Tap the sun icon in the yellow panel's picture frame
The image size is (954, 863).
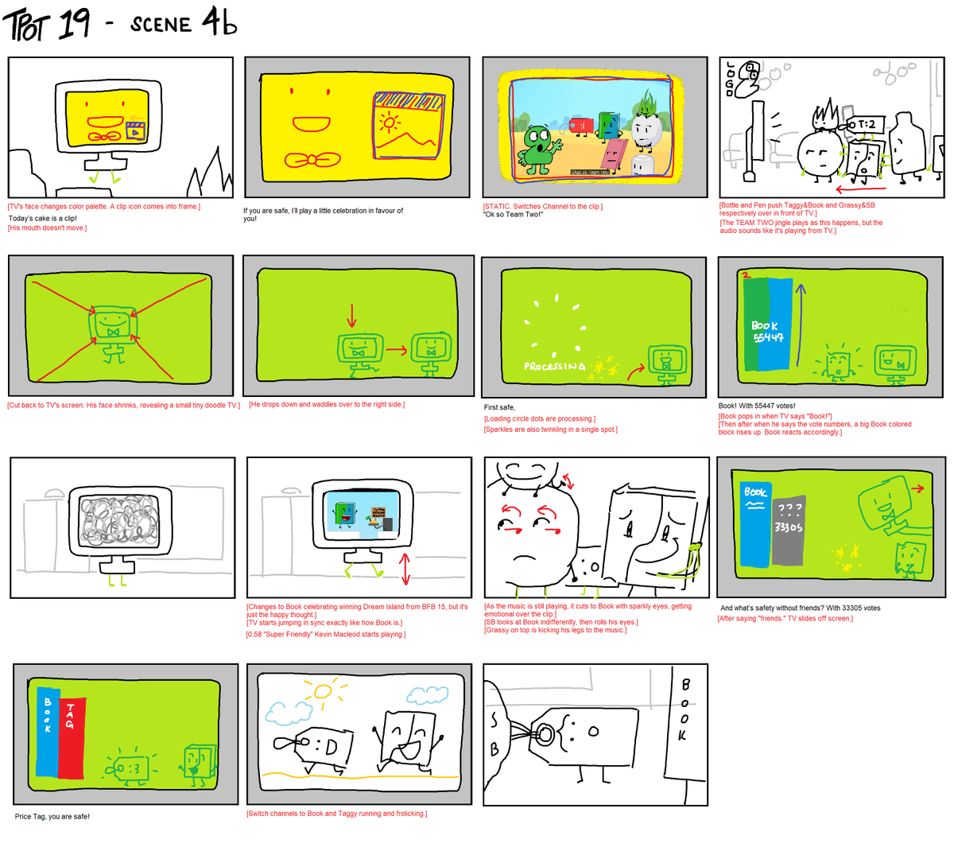click(389, 123)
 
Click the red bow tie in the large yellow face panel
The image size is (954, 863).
click(312, 161)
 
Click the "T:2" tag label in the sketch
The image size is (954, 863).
click(866, 124)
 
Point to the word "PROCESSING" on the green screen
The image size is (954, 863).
click(553, 367)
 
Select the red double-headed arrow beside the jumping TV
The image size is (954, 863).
click(405, 569)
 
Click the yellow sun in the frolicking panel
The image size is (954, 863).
click(322, 690)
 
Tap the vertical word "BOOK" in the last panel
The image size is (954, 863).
click(684, 709)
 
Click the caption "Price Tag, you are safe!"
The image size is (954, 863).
click(52, 817)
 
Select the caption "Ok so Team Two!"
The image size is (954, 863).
click(513, 215)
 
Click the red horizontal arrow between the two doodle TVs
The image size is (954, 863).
click(395, 349)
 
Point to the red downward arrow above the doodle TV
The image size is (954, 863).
click(351, 316)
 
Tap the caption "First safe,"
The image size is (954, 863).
click(499, 407)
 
